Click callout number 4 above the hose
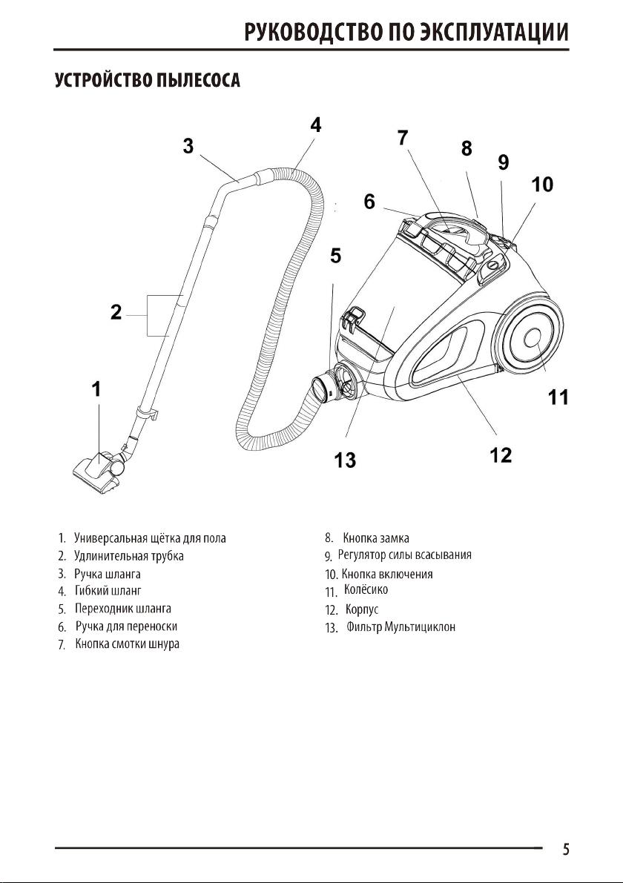tap(316, 125)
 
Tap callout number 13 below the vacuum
tap(344, 460)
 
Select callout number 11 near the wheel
tap(558, 398)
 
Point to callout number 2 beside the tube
tap(116, 313)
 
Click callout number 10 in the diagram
tap(542, 185)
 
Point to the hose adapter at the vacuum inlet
tap(329, 386)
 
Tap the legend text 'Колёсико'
tap(366, 590)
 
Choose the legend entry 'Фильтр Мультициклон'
tap(400, 627)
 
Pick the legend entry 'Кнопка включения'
tap(386, 574)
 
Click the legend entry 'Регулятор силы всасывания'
tap(405, 555)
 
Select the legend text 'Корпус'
tap(362, 609)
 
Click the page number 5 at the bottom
tap(566, 850)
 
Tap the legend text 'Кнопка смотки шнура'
tap(128, 644)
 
